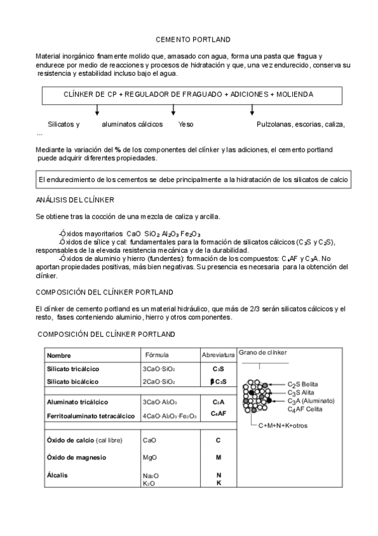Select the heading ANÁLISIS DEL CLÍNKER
tap(75, 200)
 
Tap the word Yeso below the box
tap(186, 125)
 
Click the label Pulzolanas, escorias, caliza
tap(305, 125)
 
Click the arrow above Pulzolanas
tap(252, 111)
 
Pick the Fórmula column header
tap(157, 355)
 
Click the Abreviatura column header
tap(218, 355)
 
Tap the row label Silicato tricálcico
tap(73, 368)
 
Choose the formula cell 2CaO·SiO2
tap(159, 382)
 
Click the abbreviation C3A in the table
tap(218, 402)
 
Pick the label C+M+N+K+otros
tap(283, 425)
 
